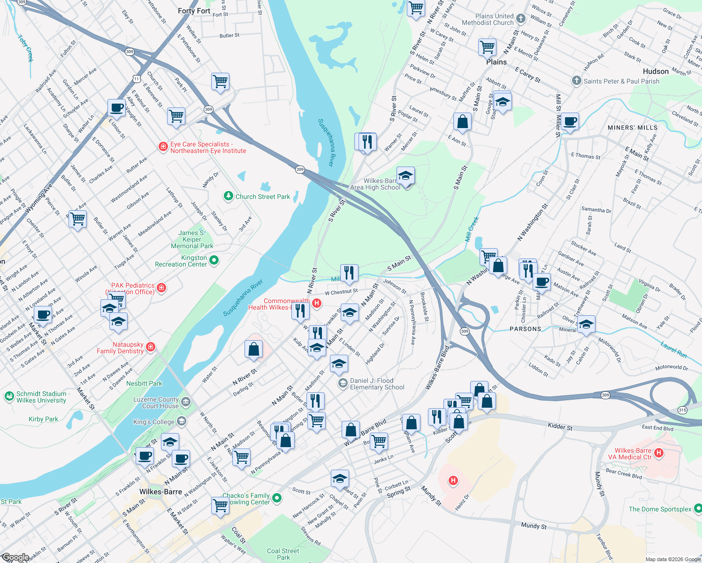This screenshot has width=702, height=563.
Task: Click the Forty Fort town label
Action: [194, 11]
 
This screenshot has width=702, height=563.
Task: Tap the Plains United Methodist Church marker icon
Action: [520, 19]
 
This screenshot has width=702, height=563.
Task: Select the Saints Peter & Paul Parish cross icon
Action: [577, 81]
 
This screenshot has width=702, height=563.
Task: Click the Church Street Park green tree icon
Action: [229, 196]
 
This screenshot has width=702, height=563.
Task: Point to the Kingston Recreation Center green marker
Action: [214, 260]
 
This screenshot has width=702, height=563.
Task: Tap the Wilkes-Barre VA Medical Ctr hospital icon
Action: [659, 453]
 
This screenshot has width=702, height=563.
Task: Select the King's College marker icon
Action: [181, 421]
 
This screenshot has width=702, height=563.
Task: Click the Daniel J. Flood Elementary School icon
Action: [343, 384]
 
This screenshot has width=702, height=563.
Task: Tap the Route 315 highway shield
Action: [682, 410]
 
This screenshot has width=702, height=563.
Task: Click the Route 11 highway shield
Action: [136, 79]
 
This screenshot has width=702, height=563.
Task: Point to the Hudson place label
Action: [656, 71]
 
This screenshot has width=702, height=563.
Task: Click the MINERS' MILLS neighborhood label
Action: [632, 128]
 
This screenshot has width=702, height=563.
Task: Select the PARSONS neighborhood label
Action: [525, 329]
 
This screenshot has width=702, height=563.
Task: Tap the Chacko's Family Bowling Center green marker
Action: [277, 498]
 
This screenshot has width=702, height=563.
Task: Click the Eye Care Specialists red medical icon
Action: [163, 147]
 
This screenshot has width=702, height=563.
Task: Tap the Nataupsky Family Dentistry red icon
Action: [151, 347]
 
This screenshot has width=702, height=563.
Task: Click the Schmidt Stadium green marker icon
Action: [9, 397]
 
